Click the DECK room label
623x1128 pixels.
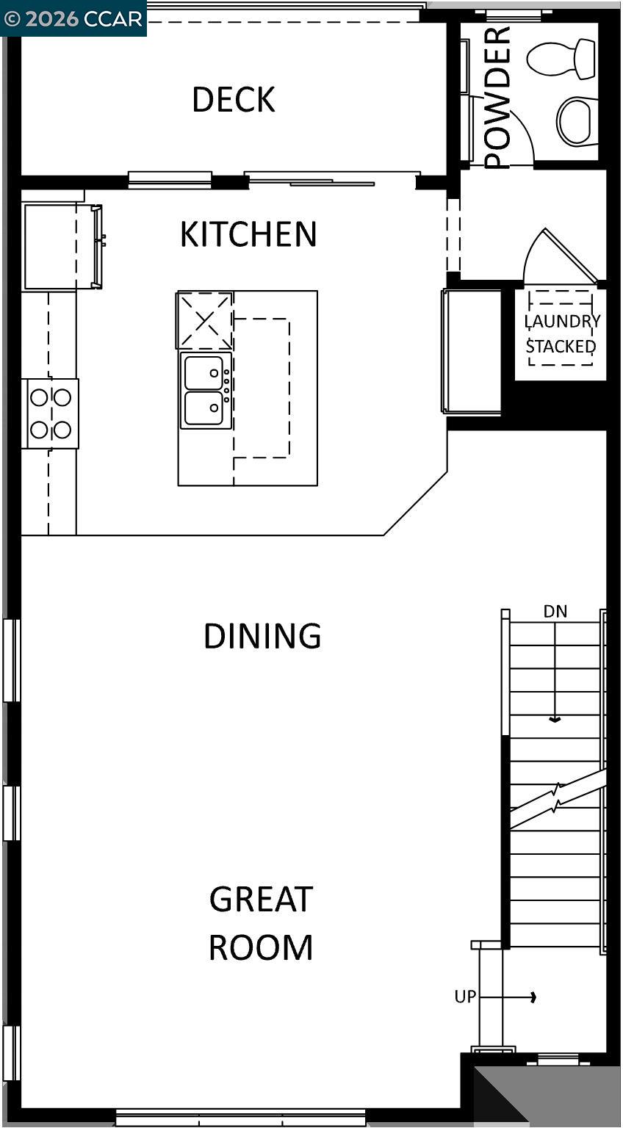(234, 100)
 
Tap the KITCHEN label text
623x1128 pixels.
(248, 234)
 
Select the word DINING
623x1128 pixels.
(262, 636)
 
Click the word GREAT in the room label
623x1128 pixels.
(262, 900)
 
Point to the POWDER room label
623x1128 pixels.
(497, 97)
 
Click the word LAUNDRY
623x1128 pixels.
(562, 322)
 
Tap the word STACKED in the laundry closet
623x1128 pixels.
(561, 346)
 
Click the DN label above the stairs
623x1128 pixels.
(555, 611)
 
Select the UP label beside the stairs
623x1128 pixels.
(465, 997)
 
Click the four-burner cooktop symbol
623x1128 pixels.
(50, 413)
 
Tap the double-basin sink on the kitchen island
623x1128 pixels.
(205, 390)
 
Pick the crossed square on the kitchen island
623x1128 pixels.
(205, 320)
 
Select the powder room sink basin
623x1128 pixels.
(577, 120)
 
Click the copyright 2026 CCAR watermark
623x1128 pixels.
(73, 18)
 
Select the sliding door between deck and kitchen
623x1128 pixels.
(331, 178)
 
